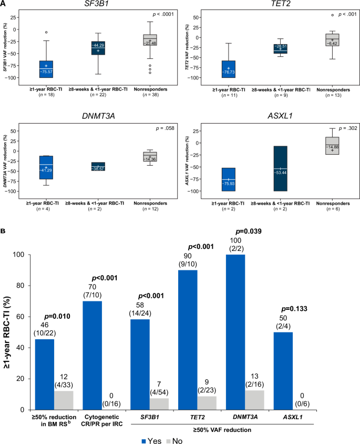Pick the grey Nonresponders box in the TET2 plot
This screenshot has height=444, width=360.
tap(332, 39)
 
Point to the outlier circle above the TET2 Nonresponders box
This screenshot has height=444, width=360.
tap(332, 15)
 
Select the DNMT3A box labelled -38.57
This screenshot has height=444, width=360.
tap(98, 167)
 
